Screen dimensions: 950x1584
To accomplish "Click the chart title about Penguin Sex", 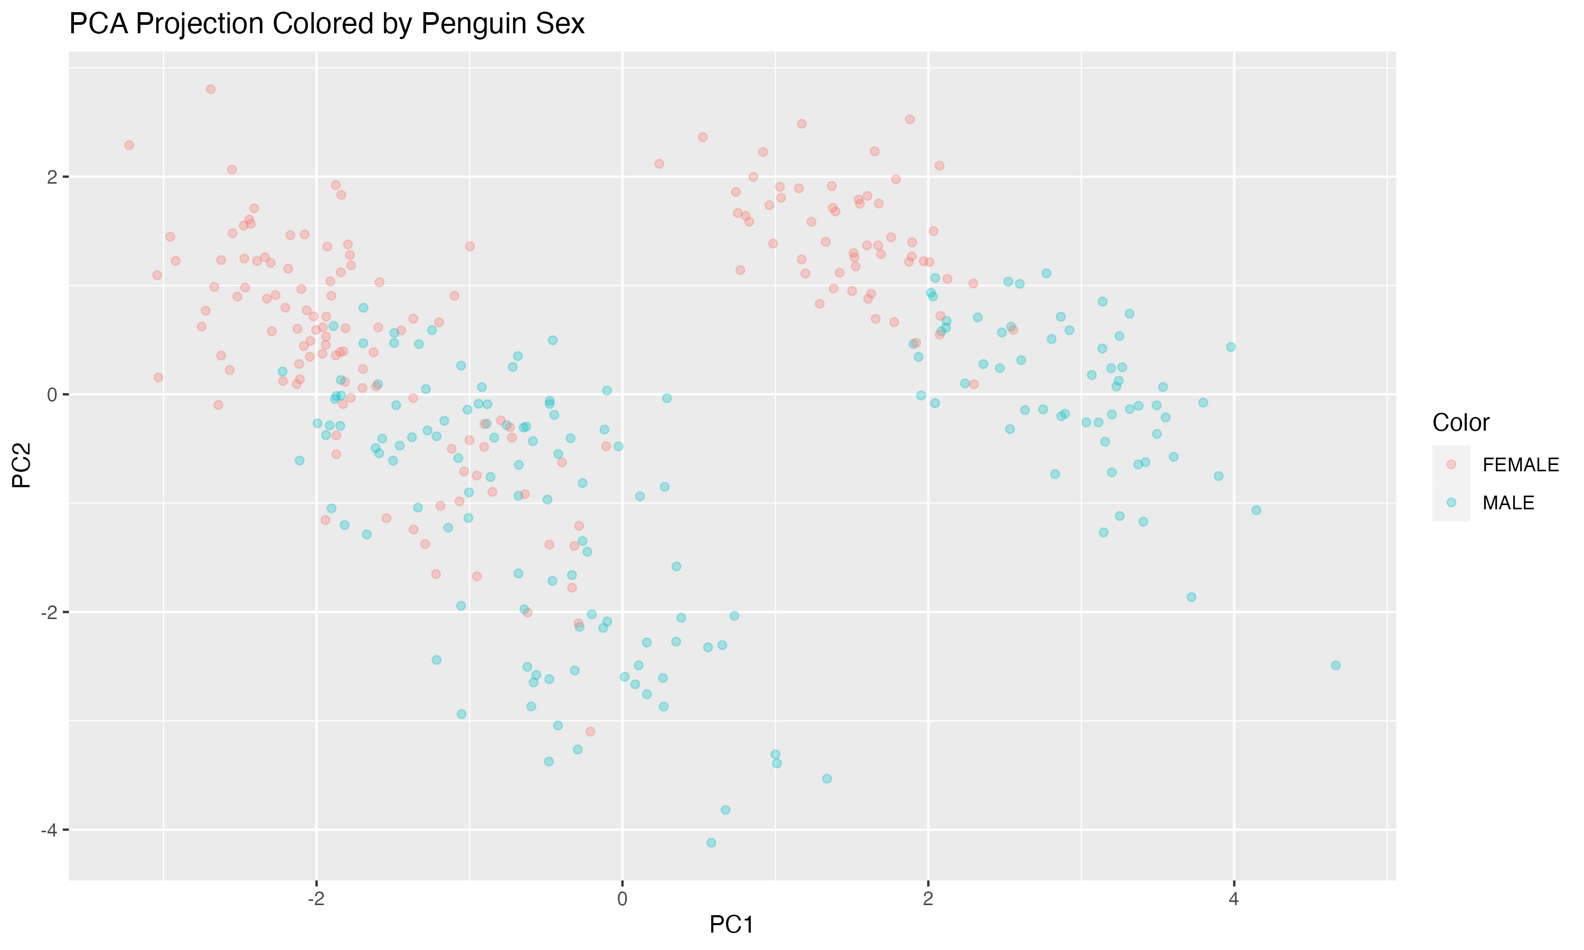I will coord(326,24).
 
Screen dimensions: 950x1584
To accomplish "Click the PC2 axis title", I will coord(22,465).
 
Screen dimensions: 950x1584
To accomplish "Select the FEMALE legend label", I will coord(1520,465).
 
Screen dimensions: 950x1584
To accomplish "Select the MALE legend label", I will coord(1508,503).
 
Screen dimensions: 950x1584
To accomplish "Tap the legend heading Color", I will coord(1460,423).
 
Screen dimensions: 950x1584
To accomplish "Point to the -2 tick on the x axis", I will coord(316,899).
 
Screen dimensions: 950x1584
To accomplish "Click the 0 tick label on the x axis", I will coord(621,899).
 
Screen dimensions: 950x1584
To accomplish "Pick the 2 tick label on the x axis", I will coord(928,899).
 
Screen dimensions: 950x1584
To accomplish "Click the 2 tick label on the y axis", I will coord(52,177).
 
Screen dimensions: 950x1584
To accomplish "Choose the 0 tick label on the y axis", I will coord(52,395).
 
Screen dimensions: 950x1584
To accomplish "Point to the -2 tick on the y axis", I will coord(49,613).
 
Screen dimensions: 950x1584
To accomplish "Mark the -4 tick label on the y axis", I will coord(49,830).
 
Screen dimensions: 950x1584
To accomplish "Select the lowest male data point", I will coord(711,842).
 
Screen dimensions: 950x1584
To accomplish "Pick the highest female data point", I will coord(211,89).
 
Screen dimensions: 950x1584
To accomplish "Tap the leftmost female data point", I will coord(129,145).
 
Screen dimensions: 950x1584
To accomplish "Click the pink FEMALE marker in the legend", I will coord(1451,465).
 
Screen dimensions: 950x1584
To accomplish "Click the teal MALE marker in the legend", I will coord(1451,503).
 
